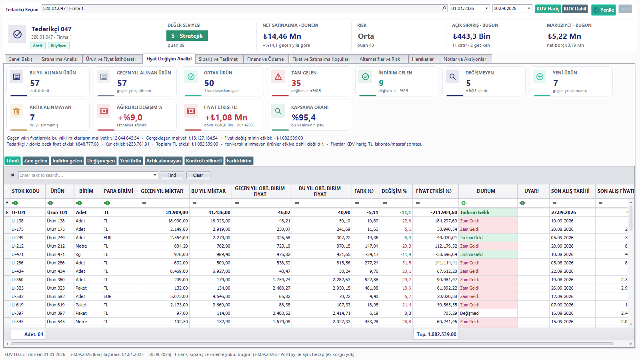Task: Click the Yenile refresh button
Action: (x=604, y=10)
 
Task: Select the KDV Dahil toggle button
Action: (x=575, y=9)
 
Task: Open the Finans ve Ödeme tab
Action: (x=265, y=59)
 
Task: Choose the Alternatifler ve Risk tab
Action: (x=380, y=59)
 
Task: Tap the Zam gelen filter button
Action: (x=36, y=161)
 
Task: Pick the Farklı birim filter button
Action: (x=239, y=161)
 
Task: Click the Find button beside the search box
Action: (x=172, y=175)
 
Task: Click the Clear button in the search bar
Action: (x=198, y=175)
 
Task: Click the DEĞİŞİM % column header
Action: (x=394, y=191)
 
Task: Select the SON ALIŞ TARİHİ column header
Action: (x=570, y=191)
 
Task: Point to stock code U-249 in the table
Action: (x=18, y=238)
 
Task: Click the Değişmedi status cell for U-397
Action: (x=470, y=313)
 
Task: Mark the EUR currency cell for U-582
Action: (x=108, y=296)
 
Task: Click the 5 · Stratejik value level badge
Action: (x=187, y=36)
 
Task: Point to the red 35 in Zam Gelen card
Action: (x=296, y=83)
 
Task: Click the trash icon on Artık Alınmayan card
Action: (x=16, y=111)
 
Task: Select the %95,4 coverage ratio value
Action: (x=304, y=118)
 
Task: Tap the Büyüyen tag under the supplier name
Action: (x=58, y=46)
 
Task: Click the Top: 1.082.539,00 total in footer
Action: (x=436, y=334)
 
